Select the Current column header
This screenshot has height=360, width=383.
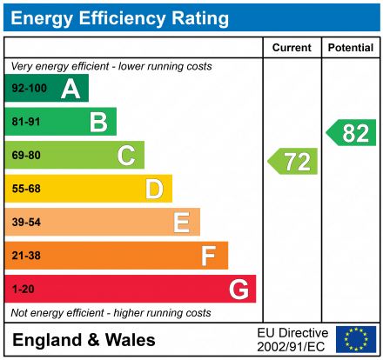click(x=292, y=48)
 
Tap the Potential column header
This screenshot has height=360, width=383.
click(x=350, y=48)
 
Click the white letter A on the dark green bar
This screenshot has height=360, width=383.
click(x=71, y=89)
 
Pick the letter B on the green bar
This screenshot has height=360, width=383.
click(x=98, y=123)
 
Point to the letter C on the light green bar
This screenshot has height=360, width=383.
click(x=126, y=156)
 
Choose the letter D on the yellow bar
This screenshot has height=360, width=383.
click(x=154, y=189)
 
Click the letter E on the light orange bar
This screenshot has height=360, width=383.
click(x=181, y=223)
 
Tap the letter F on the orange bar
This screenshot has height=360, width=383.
click(x=209, y=256)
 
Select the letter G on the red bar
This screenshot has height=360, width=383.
click(x=238, y=289)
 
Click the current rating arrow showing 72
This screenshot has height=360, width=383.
click(x=293, y=162)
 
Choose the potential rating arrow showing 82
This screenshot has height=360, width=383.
click(x=352, y=133)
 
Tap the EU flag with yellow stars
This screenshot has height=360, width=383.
click(x=356, y=339)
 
